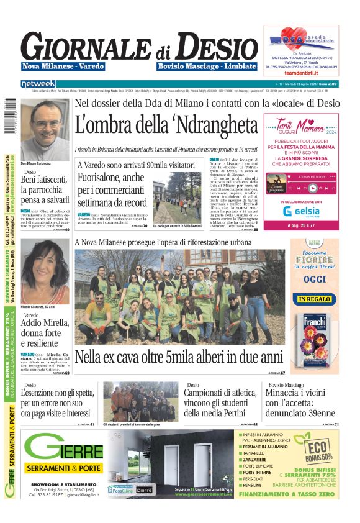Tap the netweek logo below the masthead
point(38,83)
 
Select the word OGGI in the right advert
point(315,280)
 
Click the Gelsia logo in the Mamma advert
point(300,211)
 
